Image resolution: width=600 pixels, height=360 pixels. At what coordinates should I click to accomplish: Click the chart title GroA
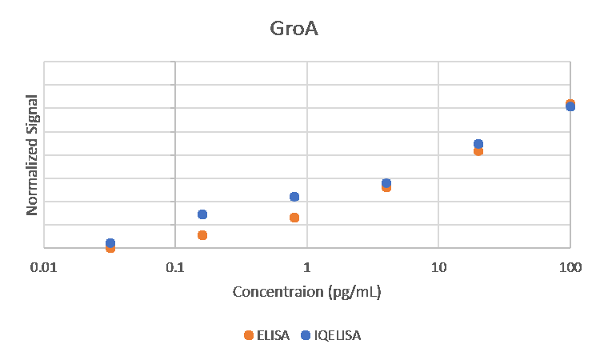[x=294, y=30]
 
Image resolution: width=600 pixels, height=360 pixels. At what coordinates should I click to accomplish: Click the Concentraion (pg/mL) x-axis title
[x=306, y=291]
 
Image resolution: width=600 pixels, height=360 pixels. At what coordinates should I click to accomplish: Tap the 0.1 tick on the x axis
[x=175, y=267]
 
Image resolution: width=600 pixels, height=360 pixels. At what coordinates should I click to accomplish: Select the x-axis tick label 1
[x=306, y=267]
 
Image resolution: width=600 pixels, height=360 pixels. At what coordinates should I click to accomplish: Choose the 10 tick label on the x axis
[x=438, y=267]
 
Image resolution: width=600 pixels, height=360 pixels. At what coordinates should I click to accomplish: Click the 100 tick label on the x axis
[x=570, y=267]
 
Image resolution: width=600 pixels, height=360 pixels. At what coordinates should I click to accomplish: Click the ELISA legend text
[x=273, y=335]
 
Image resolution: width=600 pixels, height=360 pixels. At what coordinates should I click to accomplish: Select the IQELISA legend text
[x=338, y=335]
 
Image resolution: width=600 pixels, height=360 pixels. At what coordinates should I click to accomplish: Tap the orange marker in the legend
[x=250, y=335]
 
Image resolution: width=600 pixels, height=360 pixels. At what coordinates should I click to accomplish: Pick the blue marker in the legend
[x=305, y=335]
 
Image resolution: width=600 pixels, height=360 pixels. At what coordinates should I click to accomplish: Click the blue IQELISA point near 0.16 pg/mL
[x=202, y=214]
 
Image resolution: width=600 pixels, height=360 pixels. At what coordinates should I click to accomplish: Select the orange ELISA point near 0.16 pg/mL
[x=202, y=235]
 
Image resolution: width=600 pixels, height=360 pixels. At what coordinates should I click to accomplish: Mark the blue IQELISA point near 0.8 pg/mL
[x=294, y=197]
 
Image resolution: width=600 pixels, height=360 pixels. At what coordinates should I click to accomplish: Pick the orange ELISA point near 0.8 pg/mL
[x=294, y=218]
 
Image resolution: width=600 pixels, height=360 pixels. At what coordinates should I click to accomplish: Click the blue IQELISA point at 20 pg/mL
[x=478, y=144]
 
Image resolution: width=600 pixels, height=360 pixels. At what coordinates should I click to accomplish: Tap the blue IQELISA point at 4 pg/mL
[x=386, y=183]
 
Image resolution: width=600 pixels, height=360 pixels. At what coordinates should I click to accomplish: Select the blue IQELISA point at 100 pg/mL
[x=570, y=106]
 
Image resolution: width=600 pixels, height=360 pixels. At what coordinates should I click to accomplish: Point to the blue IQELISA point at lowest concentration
[x=110, y=242]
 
